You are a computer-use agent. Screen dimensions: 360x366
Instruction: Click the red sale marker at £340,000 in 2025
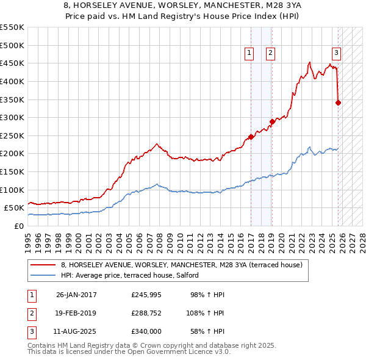point(339,103)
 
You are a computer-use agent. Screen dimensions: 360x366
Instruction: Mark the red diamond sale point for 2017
point(251,137)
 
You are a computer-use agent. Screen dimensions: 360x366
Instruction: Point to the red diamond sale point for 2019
point(272,121)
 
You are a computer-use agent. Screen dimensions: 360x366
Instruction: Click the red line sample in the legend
point(43,265)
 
